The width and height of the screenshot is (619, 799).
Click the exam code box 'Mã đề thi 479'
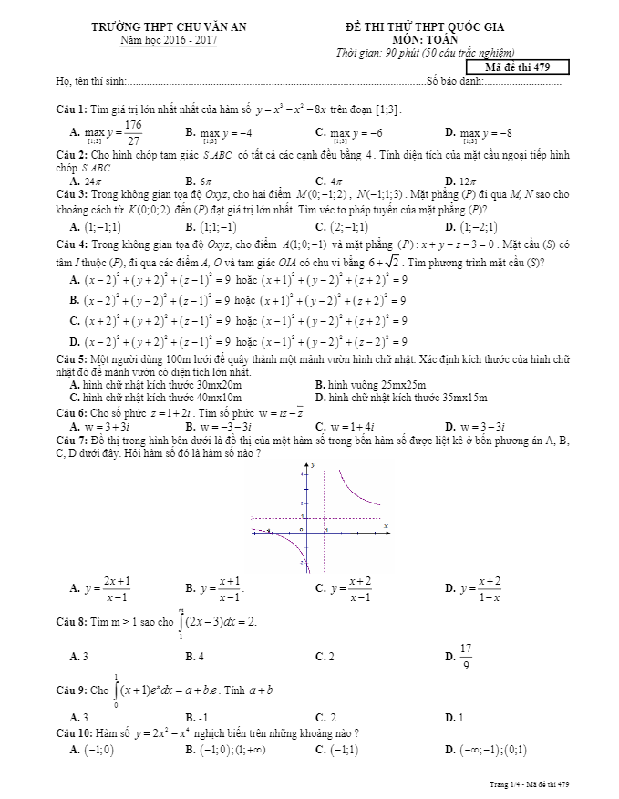click(517, 67)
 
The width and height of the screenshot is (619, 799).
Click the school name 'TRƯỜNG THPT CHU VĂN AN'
click(169, 29)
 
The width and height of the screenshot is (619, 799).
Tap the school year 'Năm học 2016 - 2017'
click(169, 42)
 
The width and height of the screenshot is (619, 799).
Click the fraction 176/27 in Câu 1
click(133, 132)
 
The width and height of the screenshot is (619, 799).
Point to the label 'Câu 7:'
click(70, 440)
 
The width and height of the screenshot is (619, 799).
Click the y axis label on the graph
click(313, 465)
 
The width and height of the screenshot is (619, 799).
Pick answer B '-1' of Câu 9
click(203, 717)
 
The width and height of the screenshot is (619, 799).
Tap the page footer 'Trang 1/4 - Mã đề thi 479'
click(528, 783)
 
